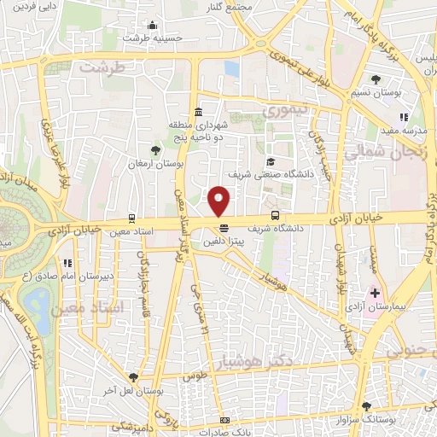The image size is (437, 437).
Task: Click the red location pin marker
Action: (219, 201)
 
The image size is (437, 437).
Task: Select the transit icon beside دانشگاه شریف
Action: (275, 216)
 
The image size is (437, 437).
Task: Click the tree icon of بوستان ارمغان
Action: (154, 150)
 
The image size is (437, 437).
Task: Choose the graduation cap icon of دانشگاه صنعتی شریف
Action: (271, 161)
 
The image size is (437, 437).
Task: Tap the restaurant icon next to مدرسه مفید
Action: (405, 117)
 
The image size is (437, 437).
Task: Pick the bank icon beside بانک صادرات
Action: (224, 420)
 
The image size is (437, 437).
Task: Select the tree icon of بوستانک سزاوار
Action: (367, 406)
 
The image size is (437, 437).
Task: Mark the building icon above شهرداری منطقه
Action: (198, 110)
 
